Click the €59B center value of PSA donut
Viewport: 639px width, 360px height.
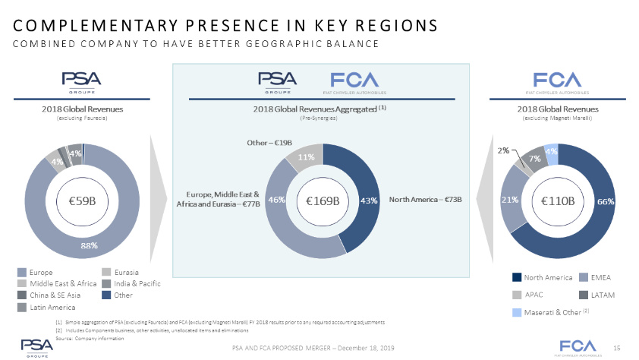pyautogui.click(x=83, y=201)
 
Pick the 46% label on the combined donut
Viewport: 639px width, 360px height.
pyautogui.click(x=276, y=201)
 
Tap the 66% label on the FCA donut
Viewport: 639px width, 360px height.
pyautogui.click(x=606, y=201)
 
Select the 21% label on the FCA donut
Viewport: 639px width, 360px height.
pyautogui.click(x=510, y=201)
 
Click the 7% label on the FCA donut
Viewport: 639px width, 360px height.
pyautogui.click(x=534, y=159)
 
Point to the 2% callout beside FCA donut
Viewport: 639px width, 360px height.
pyautogui.click(x=503, y=150)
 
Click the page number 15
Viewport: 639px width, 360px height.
pyautogui.click(x=617, y=347)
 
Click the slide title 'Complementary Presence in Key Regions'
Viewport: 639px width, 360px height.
pyautogui.click(x=225, y=25)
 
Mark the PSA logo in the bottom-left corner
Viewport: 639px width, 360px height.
pyautogui.click(x=36, y=344)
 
